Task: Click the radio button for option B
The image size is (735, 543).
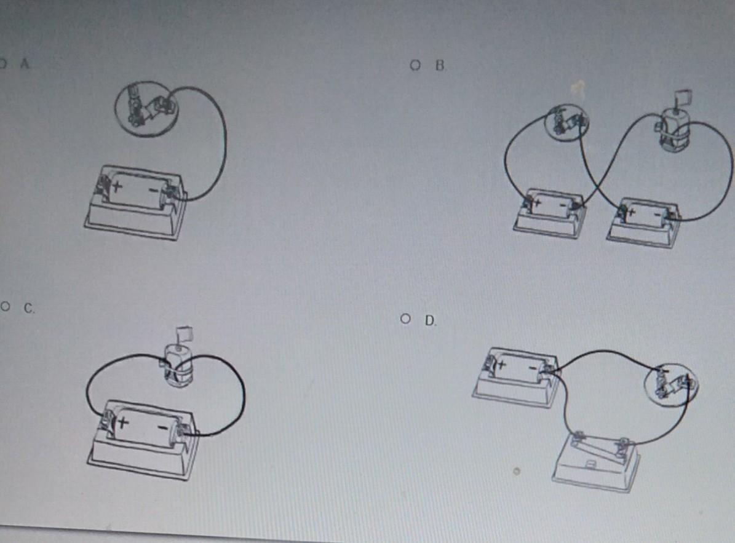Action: (415, 65)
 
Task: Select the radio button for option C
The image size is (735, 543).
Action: (6, 307)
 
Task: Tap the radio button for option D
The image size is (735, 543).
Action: (405, 319)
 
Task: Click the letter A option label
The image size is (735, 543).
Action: (25, 64)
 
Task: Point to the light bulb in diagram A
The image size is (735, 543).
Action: (147, 109)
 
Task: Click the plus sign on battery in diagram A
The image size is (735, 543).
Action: (117, 186)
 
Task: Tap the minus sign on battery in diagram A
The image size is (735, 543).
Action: (153, 190)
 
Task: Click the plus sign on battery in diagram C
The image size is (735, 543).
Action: (123, 422)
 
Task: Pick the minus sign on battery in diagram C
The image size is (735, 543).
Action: (162, 427)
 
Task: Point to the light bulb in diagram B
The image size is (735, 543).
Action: (566, 121)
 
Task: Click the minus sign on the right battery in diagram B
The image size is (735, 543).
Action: (658, 215)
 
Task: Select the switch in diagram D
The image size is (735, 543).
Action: (595, 461)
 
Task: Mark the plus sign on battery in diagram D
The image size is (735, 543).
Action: (501, 363)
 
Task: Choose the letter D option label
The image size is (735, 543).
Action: (430, 321)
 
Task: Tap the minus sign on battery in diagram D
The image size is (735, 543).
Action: (533, 368)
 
